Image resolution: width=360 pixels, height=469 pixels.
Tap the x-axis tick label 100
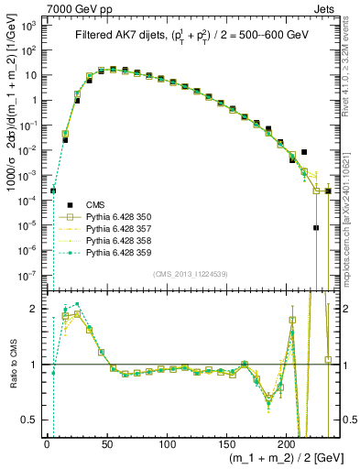(167, 442)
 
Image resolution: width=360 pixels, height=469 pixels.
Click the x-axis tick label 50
(106, 442)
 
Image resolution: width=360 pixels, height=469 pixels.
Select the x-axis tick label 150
(227, 442)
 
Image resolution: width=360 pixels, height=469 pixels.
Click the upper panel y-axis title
(11, 147)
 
